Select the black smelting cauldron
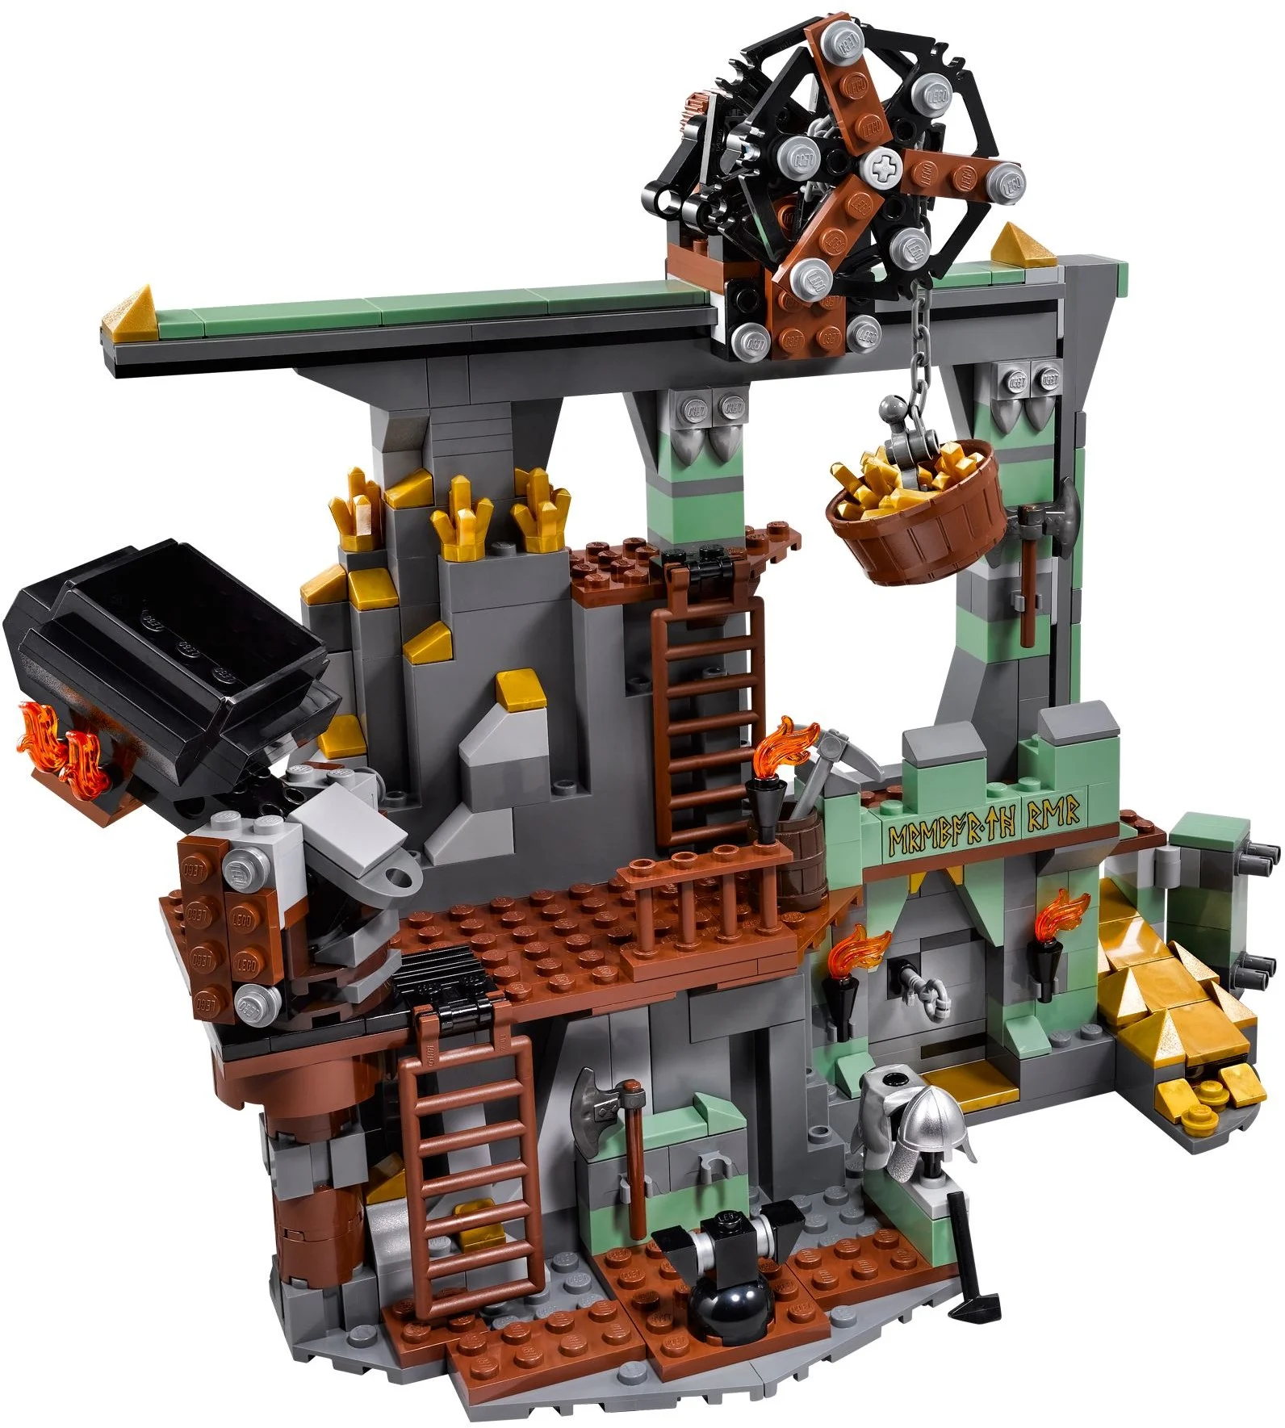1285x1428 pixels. tap(165, 646)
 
